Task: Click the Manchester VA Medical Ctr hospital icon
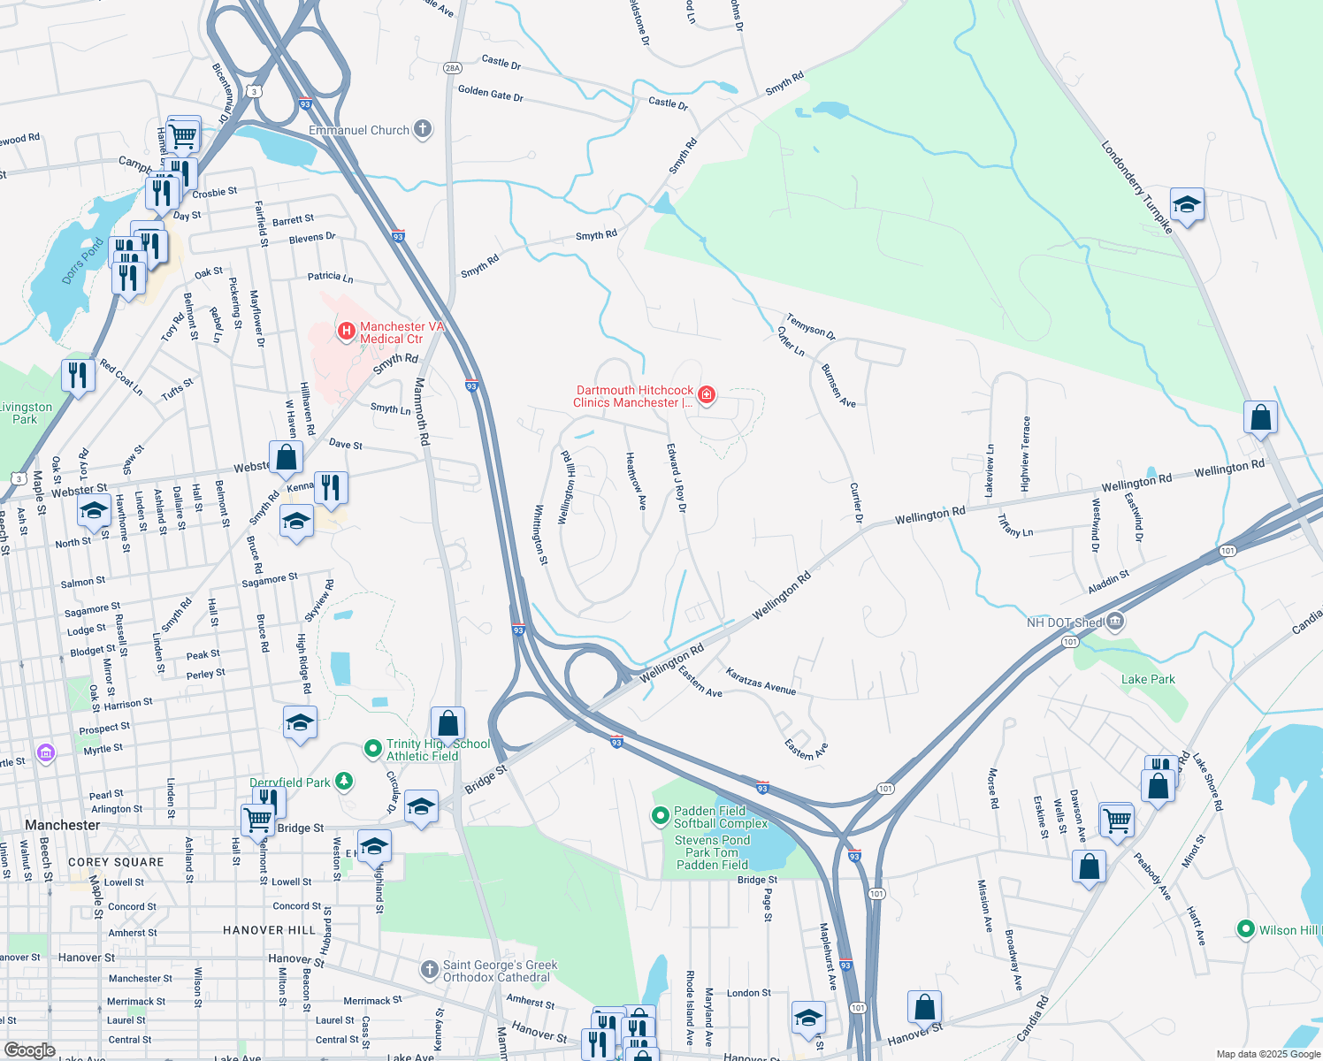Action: (347, 332)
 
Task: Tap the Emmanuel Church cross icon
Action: (423, 130)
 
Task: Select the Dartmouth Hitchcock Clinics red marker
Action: (707, 395)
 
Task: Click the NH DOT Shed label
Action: (1065, 622)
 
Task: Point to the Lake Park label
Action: (1148, 679)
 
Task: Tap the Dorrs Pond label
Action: (82, 261)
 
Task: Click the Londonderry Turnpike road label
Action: (1136, 187)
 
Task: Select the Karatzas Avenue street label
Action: (761, 681)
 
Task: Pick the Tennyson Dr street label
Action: (810, 326)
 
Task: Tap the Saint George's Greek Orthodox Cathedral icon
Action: (429, 970)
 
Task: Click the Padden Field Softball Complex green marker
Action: (660, 816)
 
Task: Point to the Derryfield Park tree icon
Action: (344, 782)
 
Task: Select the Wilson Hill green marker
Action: (1246, 929)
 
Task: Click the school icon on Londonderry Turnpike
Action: (1187, 205)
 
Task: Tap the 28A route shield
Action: (452, 67)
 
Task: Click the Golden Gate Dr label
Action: (490, 93)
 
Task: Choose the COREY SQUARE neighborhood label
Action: (116, 862)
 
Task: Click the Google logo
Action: (29, 1050)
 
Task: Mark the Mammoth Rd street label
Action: (422, 411)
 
